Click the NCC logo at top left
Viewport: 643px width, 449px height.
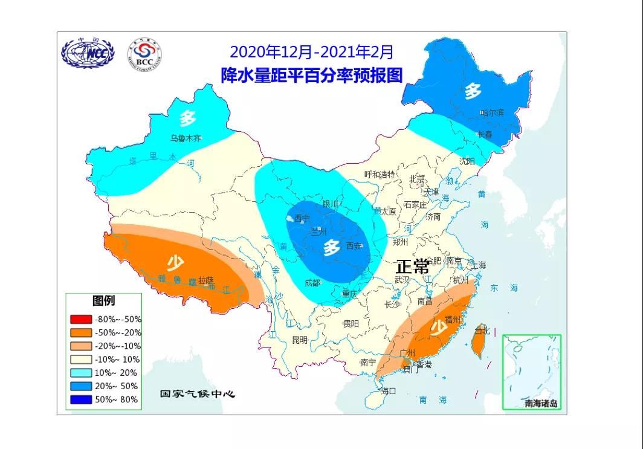[87, 54]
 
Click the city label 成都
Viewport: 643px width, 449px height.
[312, 282]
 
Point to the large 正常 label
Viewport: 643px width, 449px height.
[412, 266]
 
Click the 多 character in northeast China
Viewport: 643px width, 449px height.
[473, 91]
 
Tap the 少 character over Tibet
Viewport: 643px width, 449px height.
[175, 262]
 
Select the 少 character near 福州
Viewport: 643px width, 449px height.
[438, 328]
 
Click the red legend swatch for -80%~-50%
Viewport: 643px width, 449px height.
[80, 319]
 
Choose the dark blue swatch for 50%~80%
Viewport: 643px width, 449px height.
[80, 399]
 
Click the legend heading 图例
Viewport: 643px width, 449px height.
[103, 300]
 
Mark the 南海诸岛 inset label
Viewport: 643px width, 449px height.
[540, 403]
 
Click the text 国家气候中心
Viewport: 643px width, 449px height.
[197, 394]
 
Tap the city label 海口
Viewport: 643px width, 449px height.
[388, 391]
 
